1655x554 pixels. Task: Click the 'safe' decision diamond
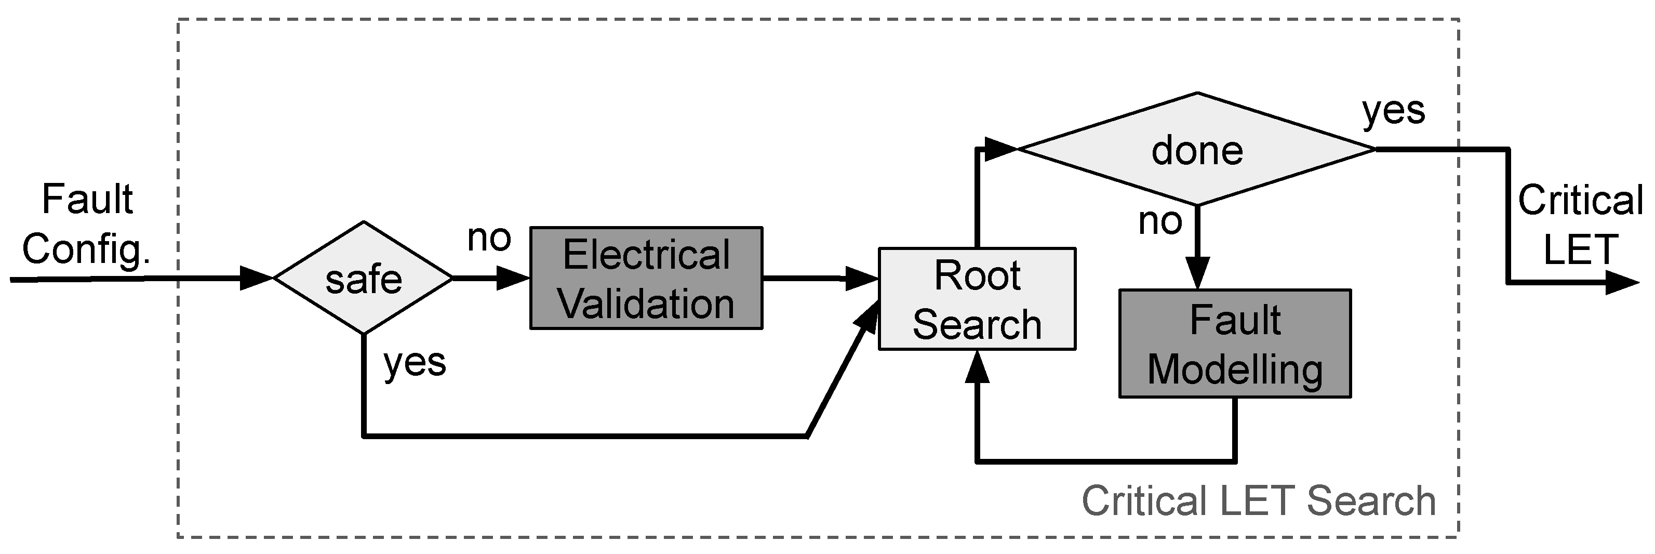pyautogui.click(x=364, y=278)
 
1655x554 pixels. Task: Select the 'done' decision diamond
pyautogui.click(x=1197, y=149)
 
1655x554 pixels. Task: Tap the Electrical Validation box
pyautogui.click(x=646, y=278)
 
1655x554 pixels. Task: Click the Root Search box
pyautogui.click(x=977, y=299)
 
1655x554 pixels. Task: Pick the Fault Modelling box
pyautogui.click(x=1234, y=344)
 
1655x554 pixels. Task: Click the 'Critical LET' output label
pyautogui.click(x=1580, y=225)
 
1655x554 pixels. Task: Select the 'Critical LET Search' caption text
pyautogui.click(x=1259, y=502)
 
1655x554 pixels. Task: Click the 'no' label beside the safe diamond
pyautogui.click(x=489, y=238)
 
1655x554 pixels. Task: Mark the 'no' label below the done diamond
pyautogui.click(x=1159, y=222)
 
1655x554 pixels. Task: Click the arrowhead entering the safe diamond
pyautogui.click(x=257, y=278)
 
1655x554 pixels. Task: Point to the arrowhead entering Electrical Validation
pyautogui.click(x=513, y=278)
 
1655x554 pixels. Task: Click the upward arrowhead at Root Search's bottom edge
pyautogui.click(x=977, y=367)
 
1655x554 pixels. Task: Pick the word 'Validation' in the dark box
pyautogui.click(x=646, y=304)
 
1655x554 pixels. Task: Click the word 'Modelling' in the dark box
pyautogui.click(x=1234, y=370)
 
